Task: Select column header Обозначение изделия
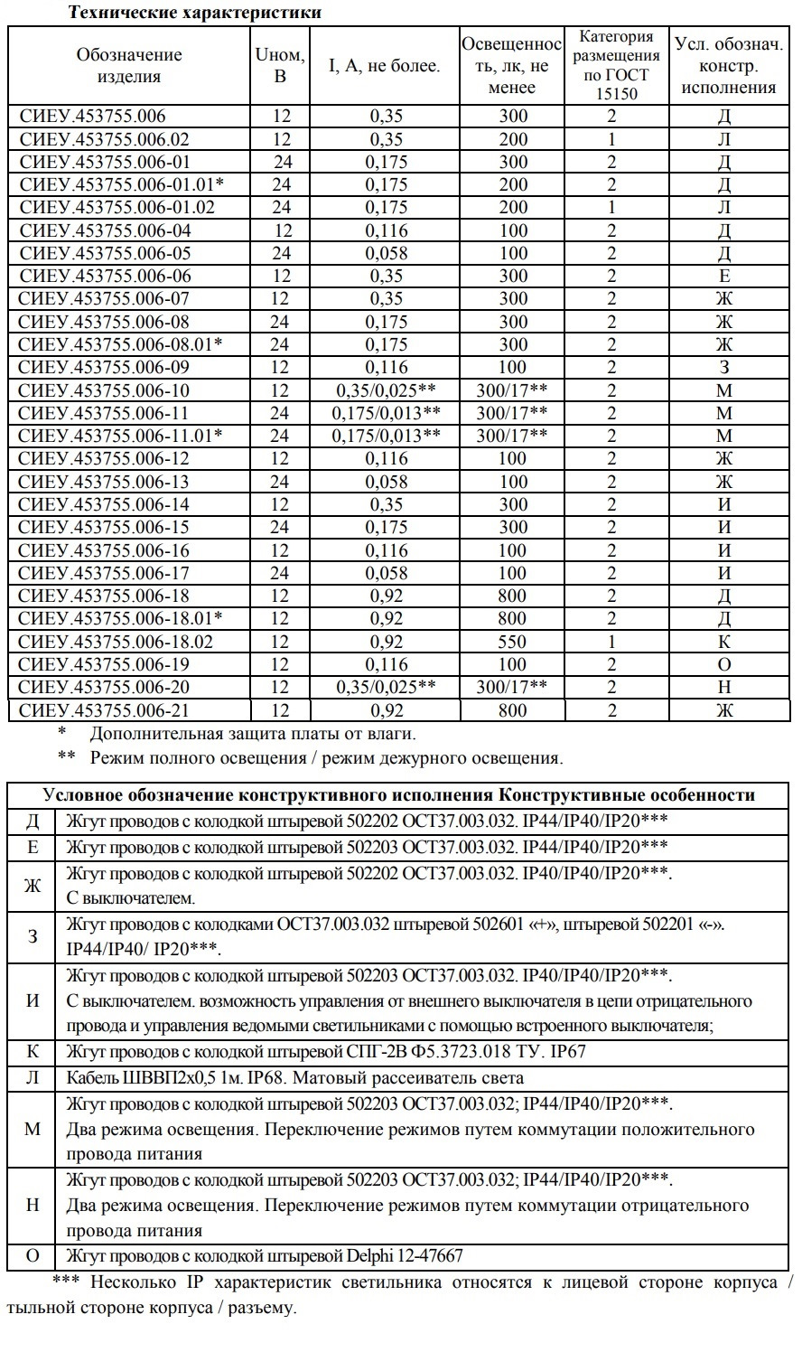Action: (129, 66)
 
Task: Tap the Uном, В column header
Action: (280, 66)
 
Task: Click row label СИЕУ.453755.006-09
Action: (105, 368)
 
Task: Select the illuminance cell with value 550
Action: (512, 642)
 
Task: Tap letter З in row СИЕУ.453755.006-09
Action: (723, 368)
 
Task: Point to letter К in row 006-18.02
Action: (723, 642)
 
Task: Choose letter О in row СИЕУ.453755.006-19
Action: (723, 664)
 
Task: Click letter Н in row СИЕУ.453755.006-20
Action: (723, 687)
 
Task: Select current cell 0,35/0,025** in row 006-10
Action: (387, 390)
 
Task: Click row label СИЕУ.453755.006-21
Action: (105, 710)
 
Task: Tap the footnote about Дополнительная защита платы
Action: (252, 734)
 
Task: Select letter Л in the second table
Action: (32, 1078)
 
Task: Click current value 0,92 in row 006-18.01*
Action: (387, 619)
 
